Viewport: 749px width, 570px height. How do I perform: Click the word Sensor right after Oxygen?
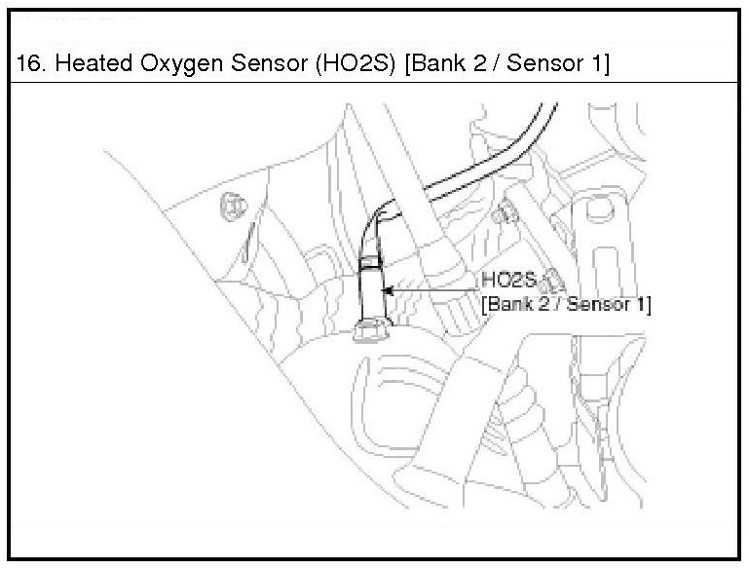(x=248, y=65)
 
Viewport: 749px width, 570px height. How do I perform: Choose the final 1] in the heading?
(x=597, y=65)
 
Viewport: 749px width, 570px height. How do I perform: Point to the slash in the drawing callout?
(x=558, y=304)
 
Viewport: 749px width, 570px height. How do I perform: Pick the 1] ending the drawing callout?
(x=642, y=304)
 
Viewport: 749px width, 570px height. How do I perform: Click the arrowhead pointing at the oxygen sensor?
(x=388, y=290)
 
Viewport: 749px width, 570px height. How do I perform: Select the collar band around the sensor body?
(x=370, y=261)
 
